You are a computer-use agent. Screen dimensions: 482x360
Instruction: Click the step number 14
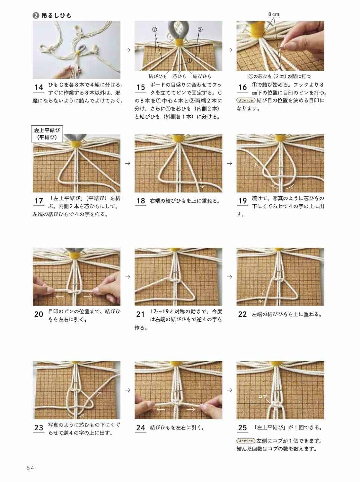[x=39, y=87]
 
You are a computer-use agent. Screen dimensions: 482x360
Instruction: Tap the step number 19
[x=242, y=201]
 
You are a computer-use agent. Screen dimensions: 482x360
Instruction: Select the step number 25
[x=242, y=428]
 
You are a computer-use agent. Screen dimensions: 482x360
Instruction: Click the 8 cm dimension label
[x=274, y=14]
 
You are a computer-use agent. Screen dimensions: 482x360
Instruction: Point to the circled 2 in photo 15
[x=154, y=29]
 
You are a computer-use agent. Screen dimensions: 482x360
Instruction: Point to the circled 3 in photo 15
[x=200, y=29]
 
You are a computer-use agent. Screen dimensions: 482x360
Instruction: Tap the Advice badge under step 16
[x=246, y=101]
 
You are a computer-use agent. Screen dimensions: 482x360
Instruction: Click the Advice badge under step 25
[x=246, y=441]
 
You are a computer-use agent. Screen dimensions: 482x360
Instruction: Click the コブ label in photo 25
[x=263, y=397]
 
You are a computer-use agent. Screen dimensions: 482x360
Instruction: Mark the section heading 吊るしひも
[x=56, y=15]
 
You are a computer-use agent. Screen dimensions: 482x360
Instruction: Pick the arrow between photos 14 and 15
[x=127, y=50]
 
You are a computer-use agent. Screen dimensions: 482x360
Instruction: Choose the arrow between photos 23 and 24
[x=127, y=390]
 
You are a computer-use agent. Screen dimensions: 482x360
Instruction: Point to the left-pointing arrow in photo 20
[x=59, y=296]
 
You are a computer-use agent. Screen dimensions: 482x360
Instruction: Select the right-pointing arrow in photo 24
[x=191, y=409]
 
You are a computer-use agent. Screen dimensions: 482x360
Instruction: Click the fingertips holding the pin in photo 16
[x=283, y=48]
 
